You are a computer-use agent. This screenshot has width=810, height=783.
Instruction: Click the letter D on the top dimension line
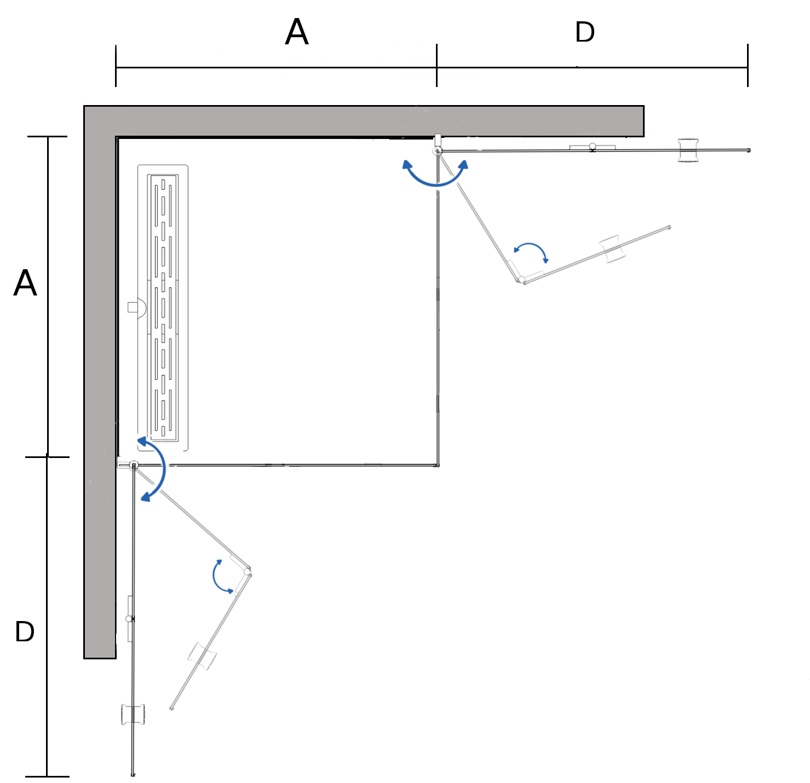585,32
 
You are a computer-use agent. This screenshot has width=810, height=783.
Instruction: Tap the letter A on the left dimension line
25,283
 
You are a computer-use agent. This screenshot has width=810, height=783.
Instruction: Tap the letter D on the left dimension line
25,631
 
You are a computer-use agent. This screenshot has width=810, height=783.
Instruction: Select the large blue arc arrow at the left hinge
155,469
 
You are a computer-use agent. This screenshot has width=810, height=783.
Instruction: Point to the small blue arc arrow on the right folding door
531,251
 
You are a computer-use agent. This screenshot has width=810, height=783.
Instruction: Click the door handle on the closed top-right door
688,150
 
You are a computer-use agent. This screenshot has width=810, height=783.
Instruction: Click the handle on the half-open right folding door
613,250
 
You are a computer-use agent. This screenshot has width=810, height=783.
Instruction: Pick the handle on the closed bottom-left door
133,715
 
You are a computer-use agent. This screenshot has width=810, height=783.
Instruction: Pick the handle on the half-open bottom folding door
202,656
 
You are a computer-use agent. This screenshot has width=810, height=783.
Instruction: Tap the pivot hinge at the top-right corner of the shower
438,150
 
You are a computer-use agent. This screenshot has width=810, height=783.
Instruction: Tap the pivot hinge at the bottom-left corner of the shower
133,465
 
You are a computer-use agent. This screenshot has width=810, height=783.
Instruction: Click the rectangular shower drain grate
163,308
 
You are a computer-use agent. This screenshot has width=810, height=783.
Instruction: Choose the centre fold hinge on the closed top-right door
592,147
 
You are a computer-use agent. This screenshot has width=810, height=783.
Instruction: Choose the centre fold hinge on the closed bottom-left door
130,619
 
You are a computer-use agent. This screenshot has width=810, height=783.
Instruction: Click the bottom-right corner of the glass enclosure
437,465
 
